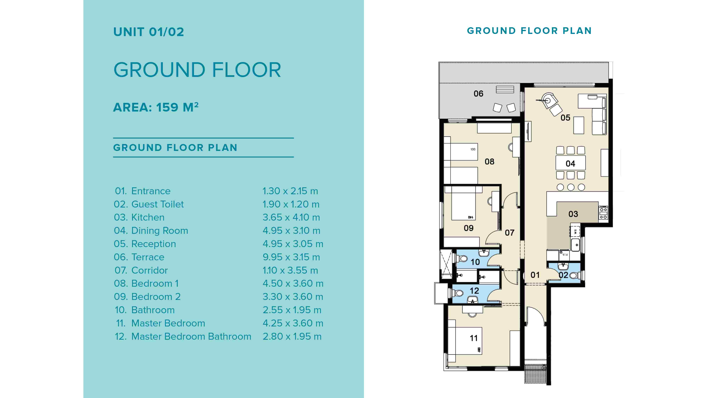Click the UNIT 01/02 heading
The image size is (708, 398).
[149, 32]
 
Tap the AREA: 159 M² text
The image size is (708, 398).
[156, 107]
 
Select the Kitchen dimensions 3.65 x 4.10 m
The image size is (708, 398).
[291, 217]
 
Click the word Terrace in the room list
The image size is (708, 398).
[148, 257]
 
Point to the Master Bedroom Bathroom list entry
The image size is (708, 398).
[191, 336]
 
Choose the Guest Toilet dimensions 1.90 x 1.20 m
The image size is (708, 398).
[291, 204]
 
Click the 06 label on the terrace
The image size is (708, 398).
[478, 94]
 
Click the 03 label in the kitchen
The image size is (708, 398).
[573, 214]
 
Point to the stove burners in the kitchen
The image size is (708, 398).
[603, 213]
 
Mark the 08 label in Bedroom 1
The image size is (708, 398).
[489, 162]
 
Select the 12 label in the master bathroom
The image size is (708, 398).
[474, 291]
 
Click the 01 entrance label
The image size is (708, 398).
[535, 275]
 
